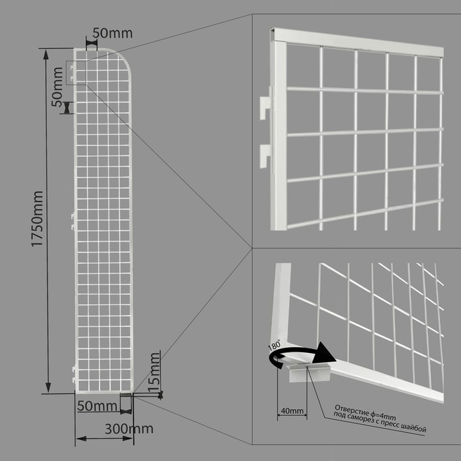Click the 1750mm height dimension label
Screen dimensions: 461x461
38,219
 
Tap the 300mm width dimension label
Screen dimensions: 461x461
129,429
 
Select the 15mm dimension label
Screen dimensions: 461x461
154,373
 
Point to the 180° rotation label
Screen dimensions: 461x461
275,344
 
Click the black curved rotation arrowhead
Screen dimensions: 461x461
323,353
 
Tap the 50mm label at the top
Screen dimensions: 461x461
113,33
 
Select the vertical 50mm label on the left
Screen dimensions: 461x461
57,87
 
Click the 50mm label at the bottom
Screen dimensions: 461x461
97,406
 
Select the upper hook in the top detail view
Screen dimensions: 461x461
266,103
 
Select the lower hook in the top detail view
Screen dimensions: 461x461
265,156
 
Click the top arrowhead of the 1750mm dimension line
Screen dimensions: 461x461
46,55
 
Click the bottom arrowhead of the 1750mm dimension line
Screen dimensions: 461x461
48,387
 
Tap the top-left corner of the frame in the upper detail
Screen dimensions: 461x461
271,30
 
